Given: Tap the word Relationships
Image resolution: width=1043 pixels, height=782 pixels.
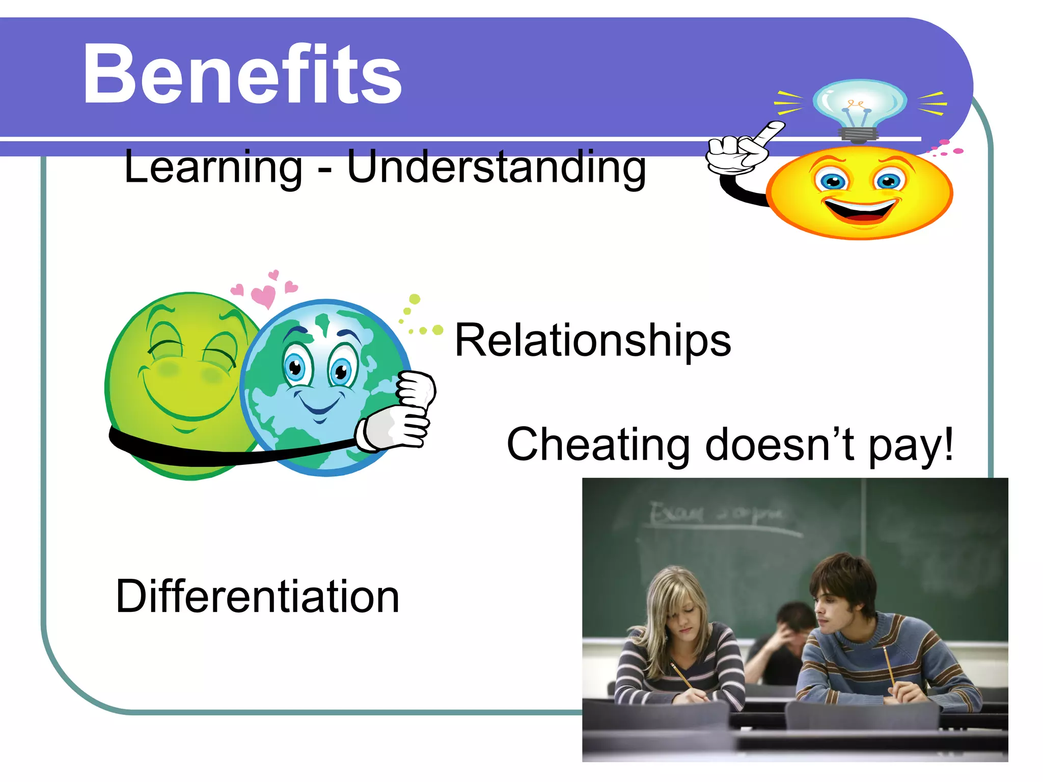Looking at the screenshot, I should point(592,340).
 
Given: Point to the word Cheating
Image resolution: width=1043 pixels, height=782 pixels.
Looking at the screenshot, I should point(598,444).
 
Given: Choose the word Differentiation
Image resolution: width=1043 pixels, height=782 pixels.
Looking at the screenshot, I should point(257,596).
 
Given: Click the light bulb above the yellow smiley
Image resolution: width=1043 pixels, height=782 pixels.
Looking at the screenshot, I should point(860,104).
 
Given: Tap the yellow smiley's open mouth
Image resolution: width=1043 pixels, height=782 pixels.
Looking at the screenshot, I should point(861,210).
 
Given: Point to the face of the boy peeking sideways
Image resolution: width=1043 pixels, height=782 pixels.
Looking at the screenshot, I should point(835,608).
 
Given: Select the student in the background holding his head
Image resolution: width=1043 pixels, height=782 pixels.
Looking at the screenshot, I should point(787,636).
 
